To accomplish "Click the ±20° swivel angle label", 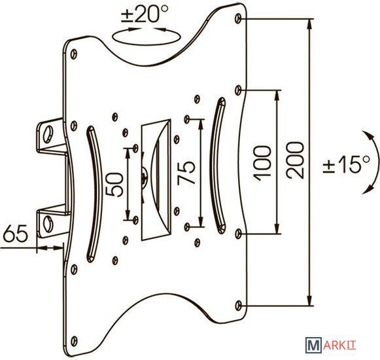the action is coord(145,14).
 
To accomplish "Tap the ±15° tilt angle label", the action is coord(347,164).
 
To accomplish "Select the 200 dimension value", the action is coord(295,160).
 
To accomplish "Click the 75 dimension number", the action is coord(186,173).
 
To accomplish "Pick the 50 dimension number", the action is coord(114,185).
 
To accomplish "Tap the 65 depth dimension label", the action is coord(16,233).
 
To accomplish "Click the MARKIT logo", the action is coord(330,345).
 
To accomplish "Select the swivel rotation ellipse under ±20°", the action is coord(147,45).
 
